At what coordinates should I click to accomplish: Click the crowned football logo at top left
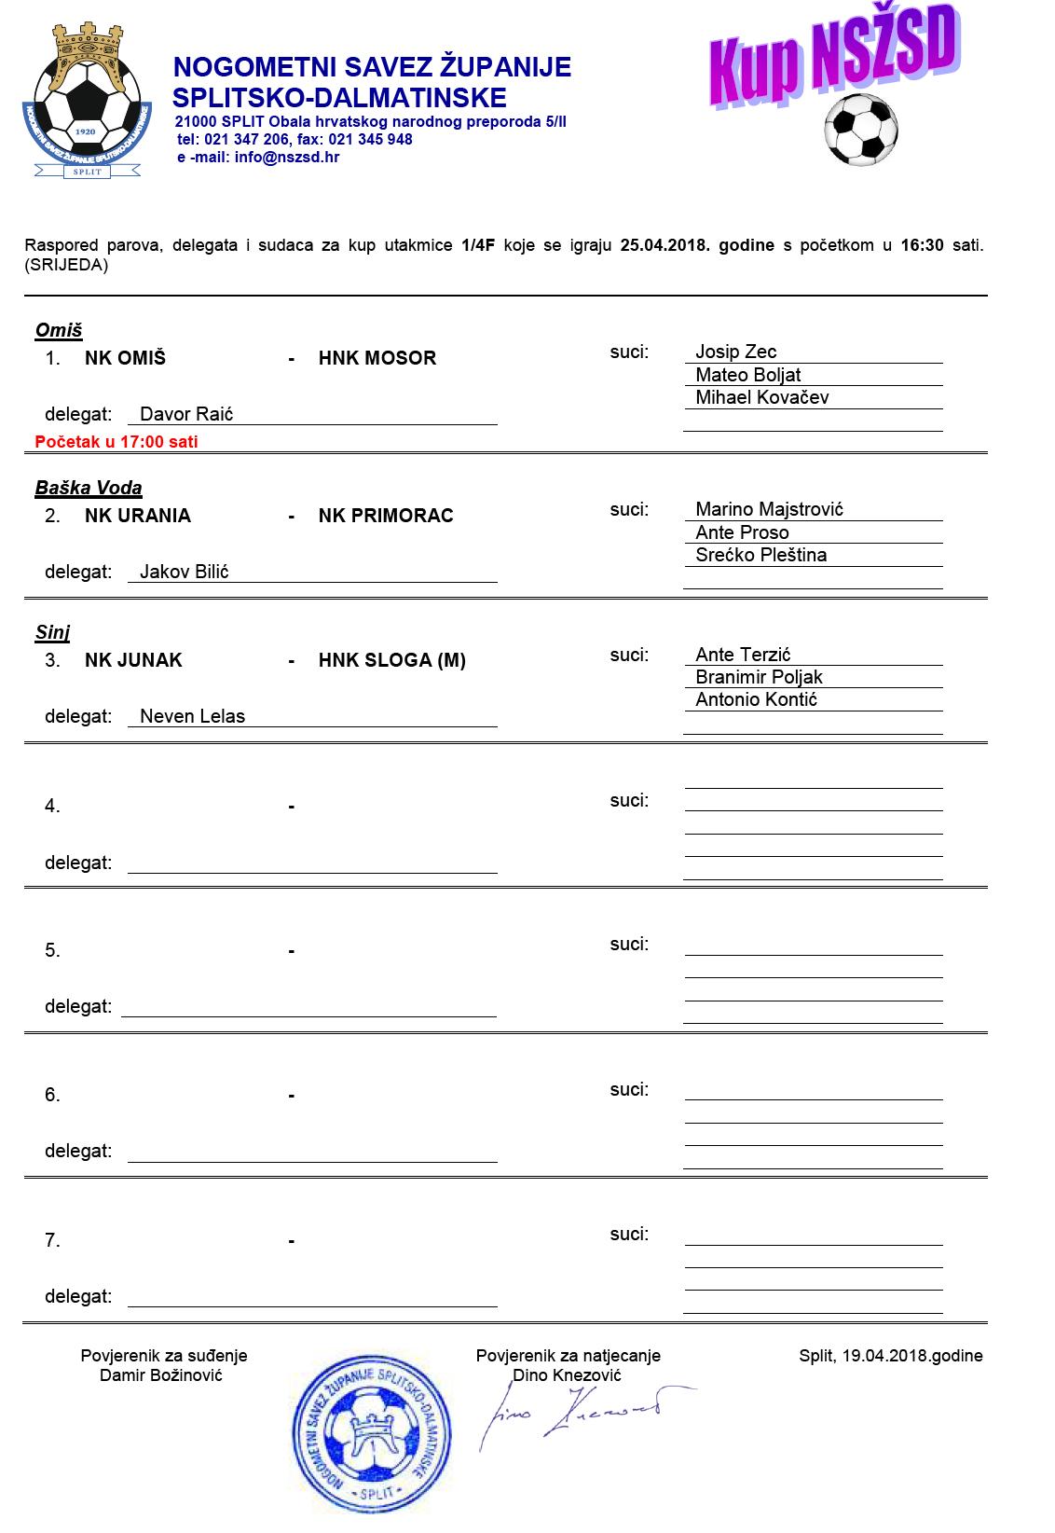(x=86, y=101)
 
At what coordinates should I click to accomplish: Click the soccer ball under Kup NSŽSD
(x=860, y=130)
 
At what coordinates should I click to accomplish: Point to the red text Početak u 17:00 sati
(x=116, y=442)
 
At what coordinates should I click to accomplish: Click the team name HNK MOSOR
(x=377, y=358)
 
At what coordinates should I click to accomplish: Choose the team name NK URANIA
(x=138, y=516)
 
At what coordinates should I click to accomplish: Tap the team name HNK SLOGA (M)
(x=391, y=660)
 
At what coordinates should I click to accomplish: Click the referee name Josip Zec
(x=735, y=352)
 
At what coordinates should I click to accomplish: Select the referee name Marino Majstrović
(x=769, y=509)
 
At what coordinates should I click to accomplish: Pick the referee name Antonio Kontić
(x=756, y=699)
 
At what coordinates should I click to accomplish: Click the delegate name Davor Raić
(x=186, y=414)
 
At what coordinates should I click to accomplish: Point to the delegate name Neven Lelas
(x=192, y=716)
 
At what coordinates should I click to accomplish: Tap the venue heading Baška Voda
(x=89, y=488)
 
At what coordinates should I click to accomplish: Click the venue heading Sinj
(x=53, y=632)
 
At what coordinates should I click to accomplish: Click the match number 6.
(x=52, y=1095)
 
